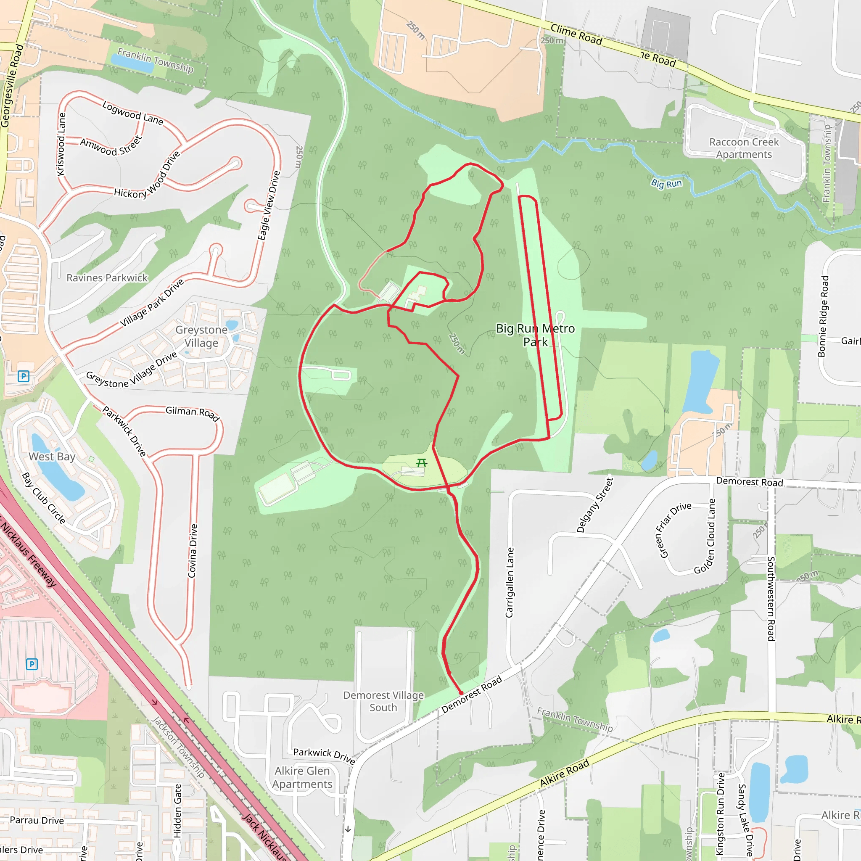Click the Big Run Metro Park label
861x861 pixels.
coord(535,335)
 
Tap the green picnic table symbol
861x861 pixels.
coord(421,463)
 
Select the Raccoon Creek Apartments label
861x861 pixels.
coord(744,148)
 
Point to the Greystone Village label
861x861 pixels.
coord(201,336)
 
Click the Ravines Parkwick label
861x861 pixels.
coord(106,277)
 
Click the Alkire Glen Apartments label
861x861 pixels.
coord(303,777)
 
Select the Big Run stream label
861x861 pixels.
coord(666,183)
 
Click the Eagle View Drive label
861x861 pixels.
coord(269,206)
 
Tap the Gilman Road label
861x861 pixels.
coord(193,413)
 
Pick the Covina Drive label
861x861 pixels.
coord(192,551)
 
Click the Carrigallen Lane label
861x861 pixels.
coord(510,582)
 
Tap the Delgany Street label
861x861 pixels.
coord(595,505)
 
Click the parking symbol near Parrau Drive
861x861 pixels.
coord(32,664)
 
